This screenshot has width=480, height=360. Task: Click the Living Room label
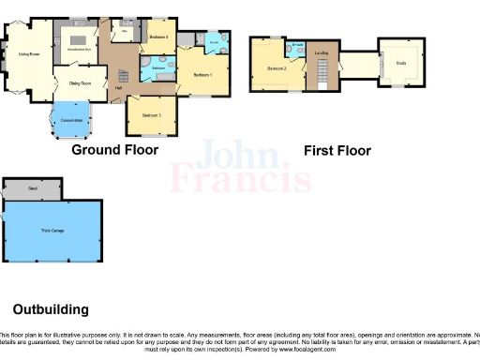(x=29, y=54)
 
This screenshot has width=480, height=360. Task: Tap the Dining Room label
(x=79, y=84)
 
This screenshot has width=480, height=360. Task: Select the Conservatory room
(x=72, y=119)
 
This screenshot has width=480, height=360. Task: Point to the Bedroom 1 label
(x=203, y=74)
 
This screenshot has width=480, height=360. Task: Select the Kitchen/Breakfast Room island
(x=80, y=47)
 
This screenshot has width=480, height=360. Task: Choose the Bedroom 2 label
(x=275, y=69)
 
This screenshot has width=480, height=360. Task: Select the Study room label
(x=400, y=63)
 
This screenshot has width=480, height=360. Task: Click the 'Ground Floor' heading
(x=114, y=149)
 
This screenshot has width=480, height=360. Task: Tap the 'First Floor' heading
(x=337, y=150)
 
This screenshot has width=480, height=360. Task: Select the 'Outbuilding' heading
(x=51, y=308)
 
